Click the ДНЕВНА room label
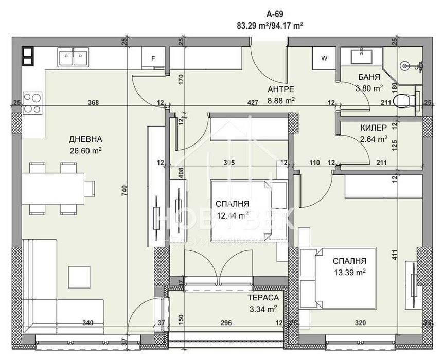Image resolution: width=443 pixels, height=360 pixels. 85,139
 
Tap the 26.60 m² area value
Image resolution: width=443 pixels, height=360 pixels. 85,151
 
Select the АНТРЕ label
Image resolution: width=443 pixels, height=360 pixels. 281,89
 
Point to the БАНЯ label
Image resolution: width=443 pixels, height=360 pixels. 369,78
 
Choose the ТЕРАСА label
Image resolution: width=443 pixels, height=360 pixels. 262,298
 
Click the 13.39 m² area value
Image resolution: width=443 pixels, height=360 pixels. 349,272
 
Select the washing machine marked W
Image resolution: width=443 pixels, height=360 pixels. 324,58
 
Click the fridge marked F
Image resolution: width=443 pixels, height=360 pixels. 153,58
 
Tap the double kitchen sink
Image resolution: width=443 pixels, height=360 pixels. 73,58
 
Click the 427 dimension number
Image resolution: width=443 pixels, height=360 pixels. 253,103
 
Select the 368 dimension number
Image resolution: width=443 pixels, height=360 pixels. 93,103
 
